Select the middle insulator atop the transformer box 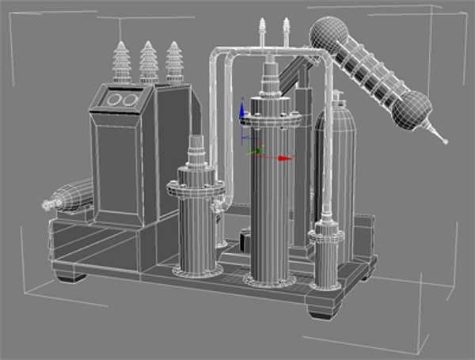tap(148, 63)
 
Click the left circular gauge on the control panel tap(113, 100)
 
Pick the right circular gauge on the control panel tap(128, 100)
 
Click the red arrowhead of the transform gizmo tap(288, 158)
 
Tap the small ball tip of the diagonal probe tap(445, 143)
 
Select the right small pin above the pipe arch tap(285, 29)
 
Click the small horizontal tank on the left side tap(73, 195)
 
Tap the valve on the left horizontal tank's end tap(47, 205)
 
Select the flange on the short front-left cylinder tap(194, 188)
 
